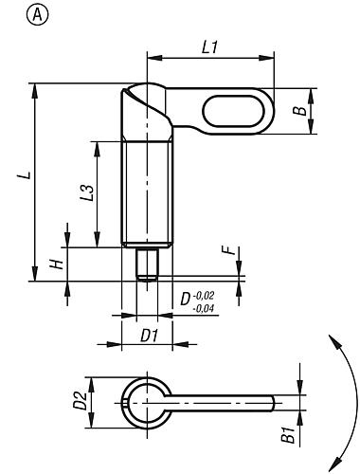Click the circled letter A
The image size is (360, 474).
pos(38,15)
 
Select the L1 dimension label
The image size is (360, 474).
pos(209,47)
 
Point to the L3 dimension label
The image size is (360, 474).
pos(87,192)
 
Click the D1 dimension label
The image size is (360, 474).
pos(149,336)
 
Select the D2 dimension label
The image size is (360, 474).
pos(80,401)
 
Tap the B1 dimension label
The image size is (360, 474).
pos(288,434)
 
